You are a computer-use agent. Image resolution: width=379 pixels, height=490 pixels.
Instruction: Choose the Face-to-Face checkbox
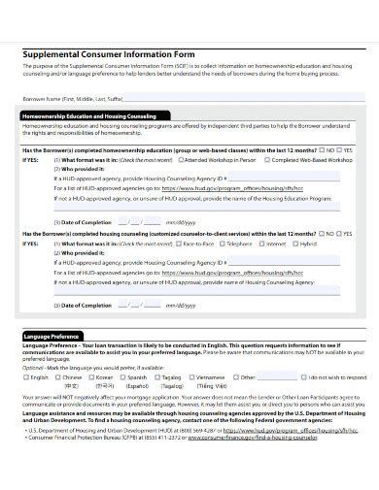pos(180,244)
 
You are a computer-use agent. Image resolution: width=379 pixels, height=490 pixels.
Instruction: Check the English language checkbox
pos(26,376)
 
